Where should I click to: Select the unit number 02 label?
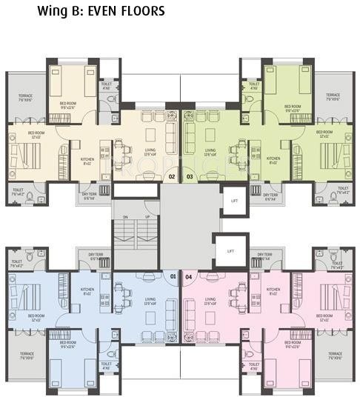click(x=173, y=177)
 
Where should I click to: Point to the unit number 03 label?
click(x=189, y=177)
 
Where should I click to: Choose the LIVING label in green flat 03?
click(x=208, y=152)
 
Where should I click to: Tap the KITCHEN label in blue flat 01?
click(x=87, y=290)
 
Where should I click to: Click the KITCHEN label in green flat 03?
click(x=273, y=159)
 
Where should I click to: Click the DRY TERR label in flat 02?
click(x=90, y=197)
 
